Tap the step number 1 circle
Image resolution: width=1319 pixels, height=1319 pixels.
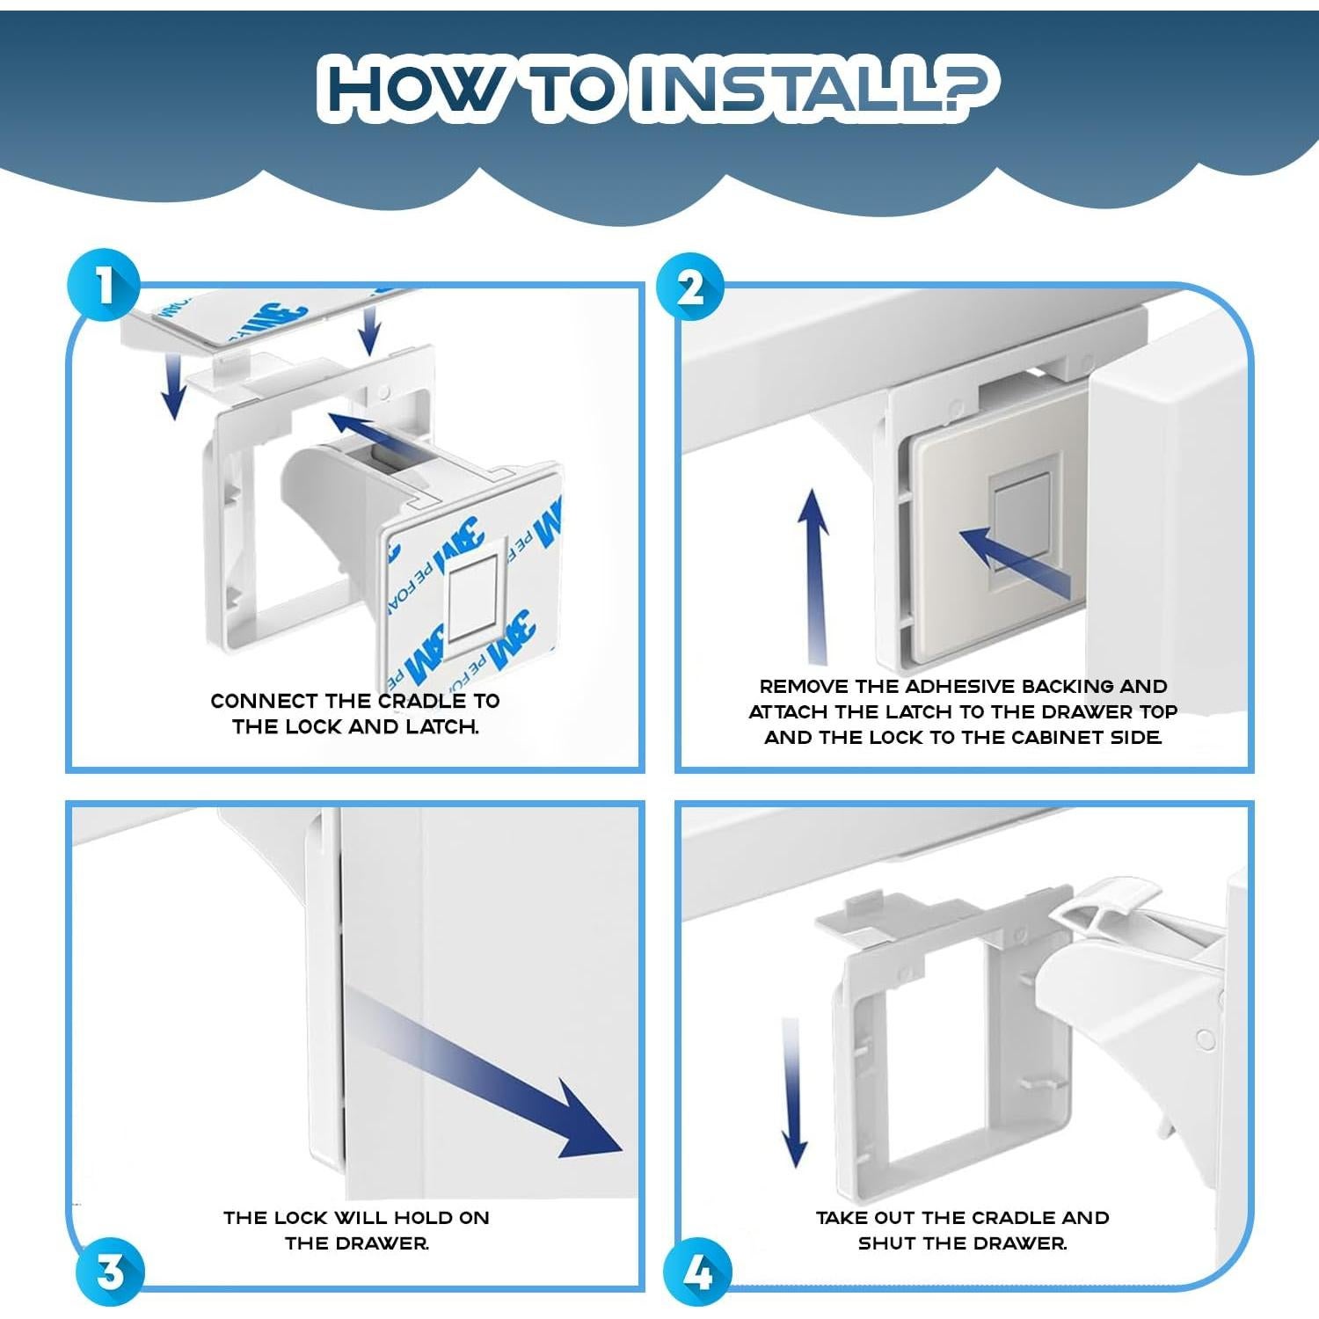[104, 286]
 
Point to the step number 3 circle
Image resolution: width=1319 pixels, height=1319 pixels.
[110, 1272]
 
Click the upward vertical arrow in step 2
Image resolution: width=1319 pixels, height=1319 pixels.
[813, 577]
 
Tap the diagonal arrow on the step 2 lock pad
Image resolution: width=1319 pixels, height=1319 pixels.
[1014, 563]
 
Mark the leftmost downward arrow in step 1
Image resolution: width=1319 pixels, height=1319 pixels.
[175, 386]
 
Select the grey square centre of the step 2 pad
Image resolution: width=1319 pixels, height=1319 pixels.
[1021, 522]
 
